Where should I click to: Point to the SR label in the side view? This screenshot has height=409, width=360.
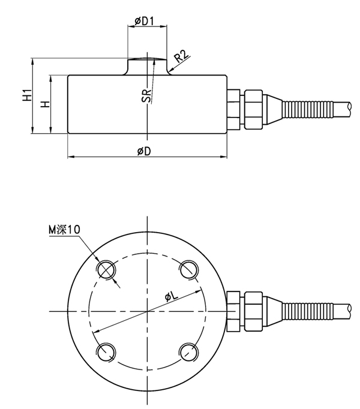point(146,95)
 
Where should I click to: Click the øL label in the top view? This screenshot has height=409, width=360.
point(170,297)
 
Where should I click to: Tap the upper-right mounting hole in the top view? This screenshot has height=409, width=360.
point(188,268)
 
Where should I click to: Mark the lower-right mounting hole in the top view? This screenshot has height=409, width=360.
point(188,351)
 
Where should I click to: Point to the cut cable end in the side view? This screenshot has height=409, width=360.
point(349,108)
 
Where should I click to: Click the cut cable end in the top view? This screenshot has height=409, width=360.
point(349,309)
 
